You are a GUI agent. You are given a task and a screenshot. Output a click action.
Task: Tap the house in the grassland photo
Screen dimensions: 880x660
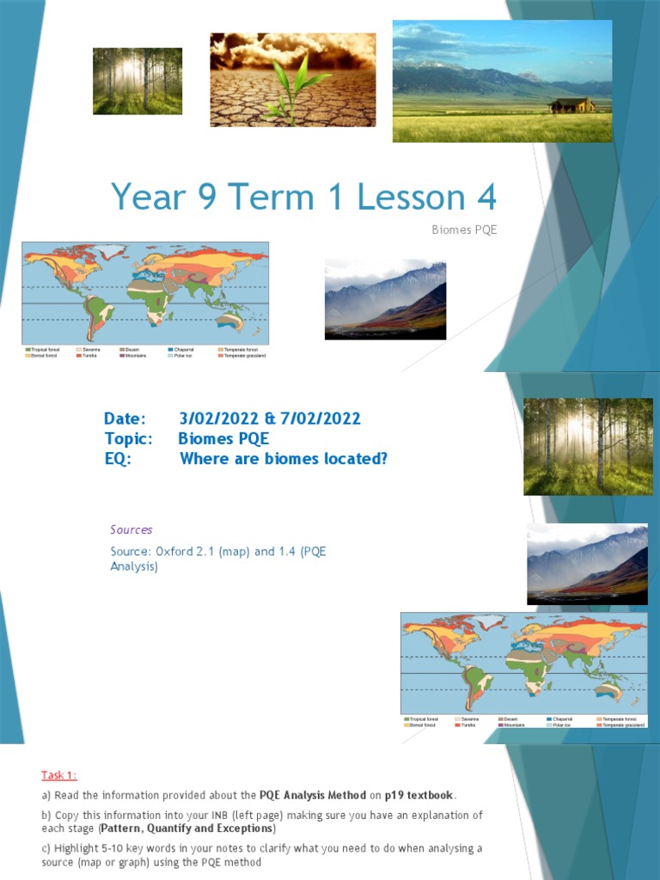(571, 105)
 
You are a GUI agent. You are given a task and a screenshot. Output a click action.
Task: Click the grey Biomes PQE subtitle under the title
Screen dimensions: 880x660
(464, 229)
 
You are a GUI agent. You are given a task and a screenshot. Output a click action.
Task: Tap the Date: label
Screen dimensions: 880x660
(125, 419)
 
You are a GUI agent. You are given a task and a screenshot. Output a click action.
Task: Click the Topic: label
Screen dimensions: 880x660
(128, 438)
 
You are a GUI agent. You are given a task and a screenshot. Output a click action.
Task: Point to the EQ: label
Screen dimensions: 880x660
(117, 459)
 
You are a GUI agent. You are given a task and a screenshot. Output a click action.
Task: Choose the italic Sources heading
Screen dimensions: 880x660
(131, 529)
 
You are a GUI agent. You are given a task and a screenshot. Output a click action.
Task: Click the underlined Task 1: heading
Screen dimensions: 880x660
(60, 774)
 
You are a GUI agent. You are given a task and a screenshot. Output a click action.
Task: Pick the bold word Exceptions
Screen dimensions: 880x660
(242, 828)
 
